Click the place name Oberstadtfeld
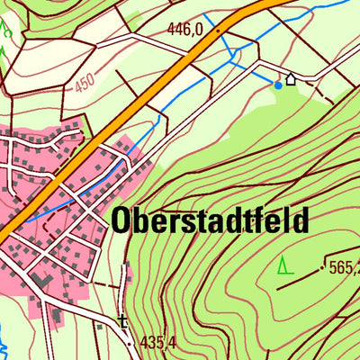point(210,221)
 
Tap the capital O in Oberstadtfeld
point(122,221)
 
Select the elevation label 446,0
point(184,30)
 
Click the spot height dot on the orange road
point(217,29)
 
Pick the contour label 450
point(85,83)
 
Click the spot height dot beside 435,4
point(130,343)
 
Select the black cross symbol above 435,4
point(123,320)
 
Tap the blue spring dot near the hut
point(277,85)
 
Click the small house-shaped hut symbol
point(291,79)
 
